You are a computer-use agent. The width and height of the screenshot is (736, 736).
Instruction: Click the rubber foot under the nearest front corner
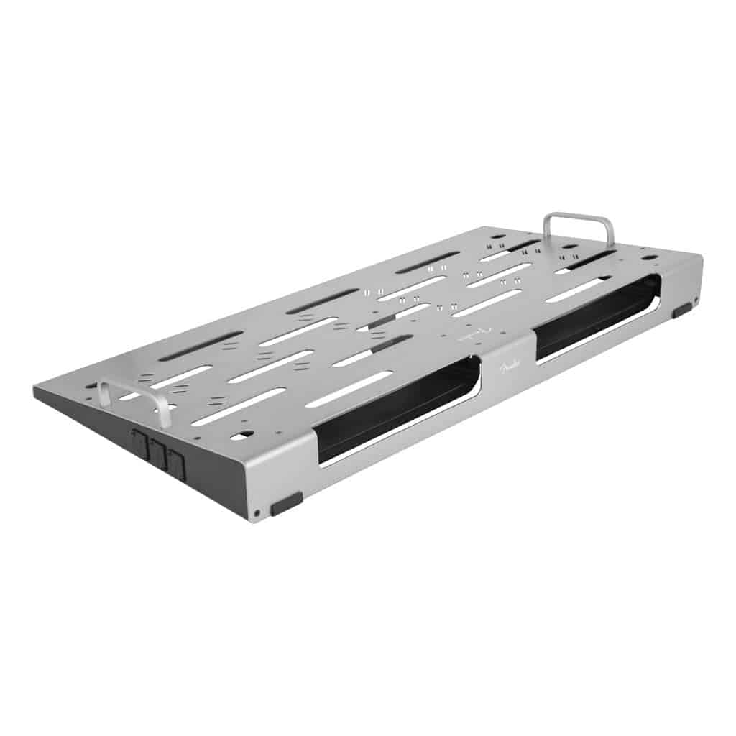[286, 503]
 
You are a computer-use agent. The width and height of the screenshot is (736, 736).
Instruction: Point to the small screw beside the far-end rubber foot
[696, 299]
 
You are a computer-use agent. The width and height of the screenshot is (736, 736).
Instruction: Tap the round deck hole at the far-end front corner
[649, 257]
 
